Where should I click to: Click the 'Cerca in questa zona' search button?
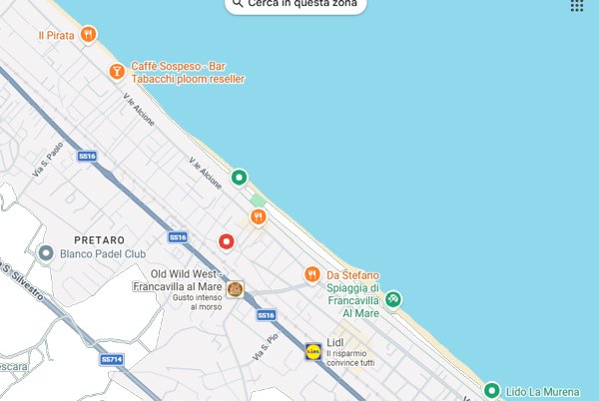pyautogui.click(x=295, y=4)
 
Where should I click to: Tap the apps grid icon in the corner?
pyautogui.click(x=577, y=5)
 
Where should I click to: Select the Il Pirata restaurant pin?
pyautogui.click(x=89, y=35)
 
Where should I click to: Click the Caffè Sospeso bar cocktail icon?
pyautogui.click(x=117, y=72)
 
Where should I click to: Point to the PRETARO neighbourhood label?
pyautogui.click(x=99, y=240)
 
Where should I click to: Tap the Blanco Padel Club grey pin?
pyautogui.click(x=45, y=253)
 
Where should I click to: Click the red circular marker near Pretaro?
pyautogui.click(x=227, y=241)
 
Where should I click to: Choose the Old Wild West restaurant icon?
pyautogui.click(x=235, y=289)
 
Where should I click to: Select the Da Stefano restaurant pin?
pyautogui.click(x=311, y=275)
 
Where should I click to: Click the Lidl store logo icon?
pyautogui.click(x=313, y=350)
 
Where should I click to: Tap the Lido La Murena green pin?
pyautogui.click(x=490, y=390)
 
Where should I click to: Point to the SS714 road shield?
pyautogui.click(x=111, y=360)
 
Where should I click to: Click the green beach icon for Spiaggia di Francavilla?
pyautogui.click(x=394, y=299)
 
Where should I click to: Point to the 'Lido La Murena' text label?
pyautogui.click(x=543, y=390)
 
